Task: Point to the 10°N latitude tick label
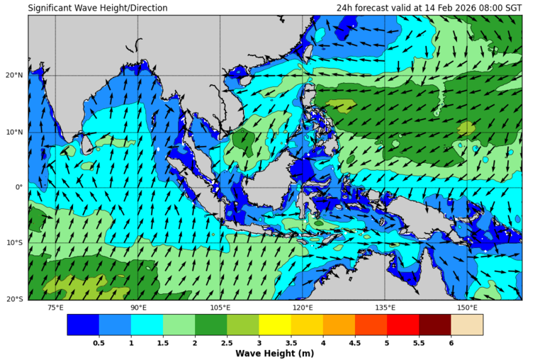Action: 16,132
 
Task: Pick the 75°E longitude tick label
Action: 55,308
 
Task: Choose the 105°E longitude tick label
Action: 220,308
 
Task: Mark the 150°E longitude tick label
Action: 467,308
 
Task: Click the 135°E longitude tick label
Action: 385,308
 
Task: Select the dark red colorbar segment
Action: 435,325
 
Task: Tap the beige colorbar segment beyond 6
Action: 467,325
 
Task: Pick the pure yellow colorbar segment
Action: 275,325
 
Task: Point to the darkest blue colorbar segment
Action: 83,325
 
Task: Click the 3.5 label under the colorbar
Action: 291,342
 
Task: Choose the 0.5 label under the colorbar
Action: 99,342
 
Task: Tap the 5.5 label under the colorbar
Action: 419,342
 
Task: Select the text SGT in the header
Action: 512,9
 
